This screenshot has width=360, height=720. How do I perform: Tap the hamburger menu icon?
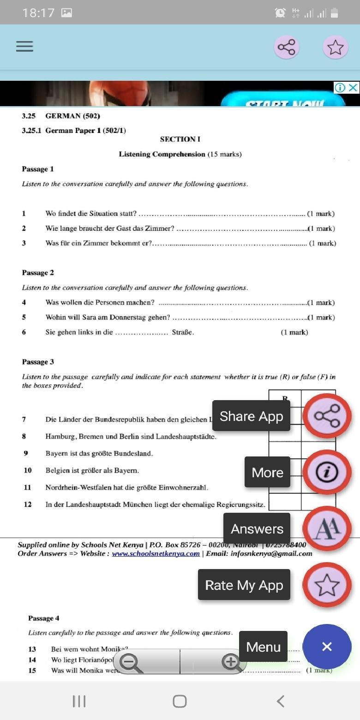click(x=24, y=46)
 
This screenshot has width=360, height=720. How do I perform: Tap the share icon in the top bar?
click(x=286, y=47)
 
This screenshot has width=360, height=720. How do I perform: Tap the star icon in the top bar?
click(x=335, y=47)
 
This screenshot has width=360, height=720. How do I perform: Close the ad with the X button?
click(x=353, y=88)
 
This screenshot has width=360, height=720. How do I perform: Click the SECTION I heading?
click(x=180, y=139)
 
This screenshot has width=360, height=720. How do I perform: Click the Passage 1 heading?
click(x=38, y=169)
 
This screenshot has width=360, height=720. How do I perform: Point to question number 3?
click(x=24, y=243)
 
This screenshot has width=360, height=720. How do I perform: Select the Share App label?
click(x=251, y=416)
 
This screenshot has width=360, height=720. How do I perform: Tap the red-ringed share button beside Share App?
click(x=327, y=416)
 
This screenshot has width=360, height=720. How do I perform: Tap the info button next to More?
click(x=327, y=472)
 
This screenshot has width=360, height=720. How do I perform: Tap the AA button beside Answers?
click(x=327, y=528)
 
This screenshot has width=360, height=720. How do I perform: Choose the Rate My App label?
click(x=244, y=585)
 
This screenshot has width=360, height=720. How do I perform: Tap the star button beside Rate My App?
click(x=327, y=585)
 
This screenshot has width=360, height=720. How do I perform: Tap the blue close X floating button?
click(x=327, y=647)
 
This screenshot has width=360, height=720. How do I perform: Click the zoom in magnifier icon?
click(x=230, y=662)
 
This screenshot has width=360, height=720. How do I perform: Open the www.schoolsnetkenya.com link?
click(x=156, y=553)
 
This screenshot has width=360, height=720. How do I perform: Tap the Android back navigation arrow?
click(x=280, y=701)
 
